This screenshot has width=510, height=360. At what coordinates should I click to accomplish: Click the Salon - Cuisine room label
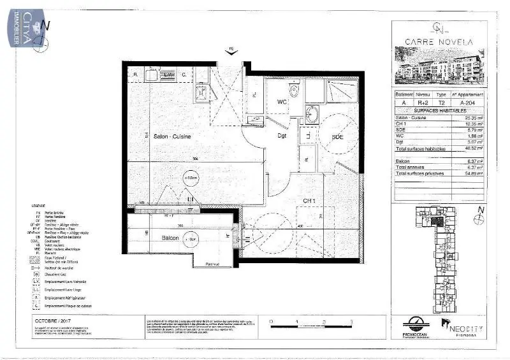click(172, 136)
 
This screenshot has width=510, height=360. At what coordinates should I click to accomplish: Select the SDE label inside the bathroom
click(338, 137)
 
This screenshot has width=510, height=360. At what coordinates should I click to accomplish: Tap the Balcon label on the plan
click(170, 238)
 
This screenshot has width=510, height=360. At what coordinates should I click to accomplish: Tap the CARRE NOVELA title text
click(439, 42)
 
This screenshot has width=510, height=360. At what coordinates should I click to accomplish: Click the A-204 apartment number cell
click(471, 102)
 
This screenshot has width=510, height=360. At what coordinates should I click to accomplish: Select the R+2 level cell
click(423, 102)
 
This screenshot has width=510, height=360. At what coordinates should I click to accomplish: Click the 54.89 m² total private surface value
click(474, 173)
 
